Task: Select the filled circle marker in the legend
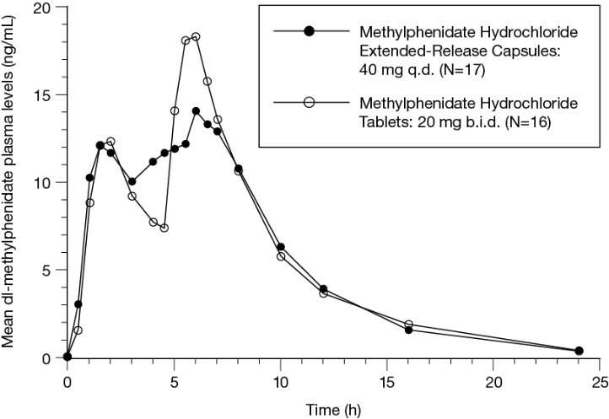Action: (x=309, y=32)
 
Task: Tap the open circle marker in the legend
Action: (x=309, y=102)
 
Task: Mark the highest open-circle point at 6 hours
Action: (x=196, y=37)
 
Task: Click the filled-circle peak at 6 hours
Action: (x=196, y=111)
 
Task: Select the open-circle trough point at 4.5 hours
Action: (x=164, y=228)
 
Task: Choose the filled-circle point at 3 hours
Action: (x=132, y=181)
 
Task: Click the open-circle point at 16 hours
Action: (x=408, y=325)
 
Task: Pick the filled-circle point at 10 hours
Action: (x=281, y=247)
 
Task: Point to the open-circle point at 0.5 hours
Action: (x=78, y=330)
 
